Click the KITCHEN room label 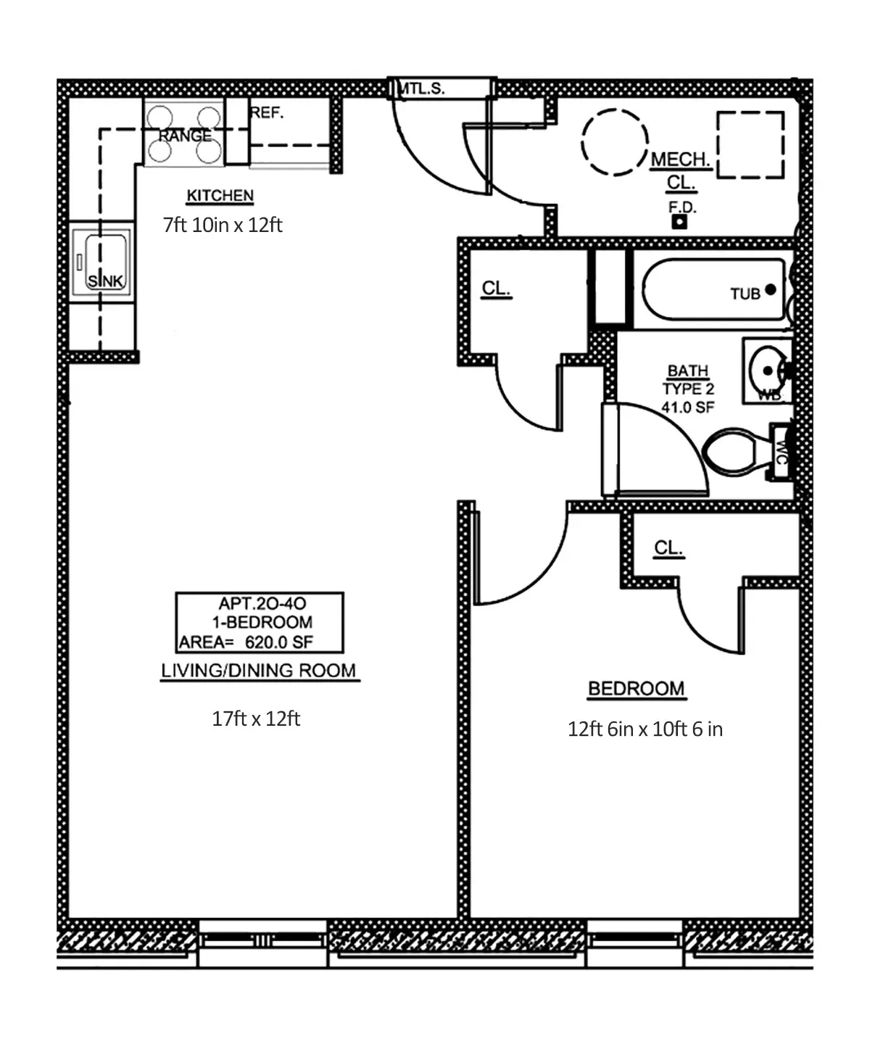(x=220, y=196)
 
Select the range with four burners (x=184, y=133)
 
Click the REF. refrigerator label (x=267, y=113)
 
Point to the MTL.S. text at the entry (x=422, y=88)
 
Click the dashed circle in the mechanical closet (x=615, y=142)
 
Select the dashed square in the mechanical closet (x=750, y=145)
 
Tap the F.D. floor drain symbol (x=679, y=222)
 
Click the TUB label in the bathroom (x=745, y=294)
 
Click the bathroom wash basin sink (x=767, y=371)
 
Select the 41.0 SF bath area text (x=687, y=407)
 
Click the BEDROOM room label (x=636, y=688)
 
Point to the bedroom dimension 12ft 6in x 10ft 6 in (x=645, y=729)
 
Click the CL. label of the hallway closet (x=496, y=288)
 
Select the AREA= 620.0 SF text (x=246, y=642)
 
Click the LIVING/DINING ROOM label (x=259, y=670)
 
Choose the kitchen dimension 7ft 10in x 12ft (x=223, y=225)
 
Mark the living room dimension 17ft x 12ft (x=256, y=719)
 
